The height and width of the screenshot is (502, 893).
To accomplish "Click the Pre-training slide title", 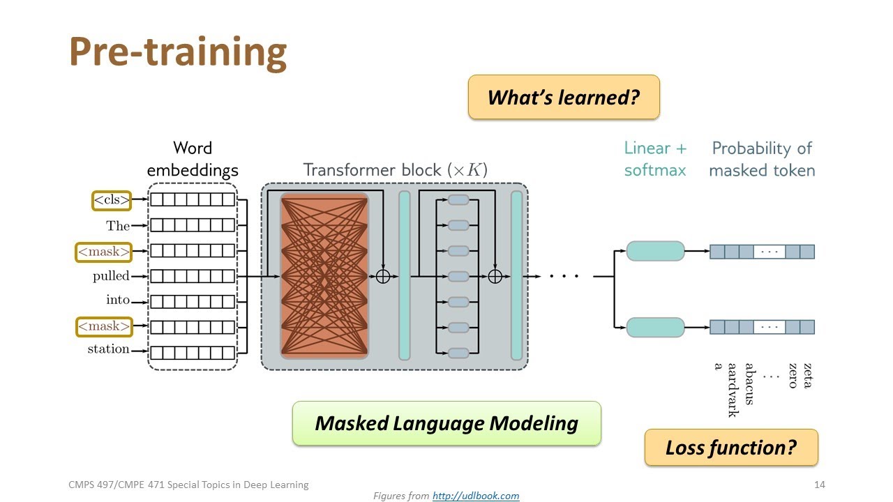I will pyautogui.click(x=178, y=52).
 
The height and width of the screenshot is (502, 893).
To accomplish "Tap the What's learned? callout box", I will pyautogui.click(x=563, y=97).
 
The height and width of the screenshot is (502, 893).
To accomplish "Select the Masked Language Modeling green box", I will pyautogui.click(x=446, y=423).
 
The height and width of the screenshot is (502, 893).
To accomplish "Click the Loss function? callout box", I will pyautogui.click(x=730, y=447).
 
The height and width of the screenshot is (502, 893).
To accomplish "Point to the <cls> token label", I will pyautogui.click(x=112, y=200).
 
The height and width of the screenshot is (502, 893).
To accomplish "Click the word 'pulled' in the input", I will pyautogui.click(x=112, y=276).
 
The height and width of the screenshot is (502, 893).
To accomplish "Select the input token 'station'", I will pyautogui.click(x=108, y=349).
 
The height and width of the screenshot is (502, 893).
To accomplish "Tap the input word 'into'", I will pyautogui.click(x=118, y=300).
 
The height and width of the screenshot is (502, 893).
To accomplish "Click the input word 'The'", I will pyautogui.click(x=118, y=225).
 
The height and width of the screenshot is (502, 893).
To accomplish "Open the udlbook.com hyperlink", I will pyautogui.click(x=476, y=496).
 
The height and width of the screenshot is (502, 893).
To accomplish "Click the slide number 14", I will pyautogui.click(x=820, y=485).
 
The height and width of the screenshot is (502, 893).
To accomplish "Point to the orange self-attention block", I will pyautogui.click(x=324, y=276).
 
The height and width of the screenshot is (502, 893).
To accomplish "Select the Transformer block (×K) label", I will pyautogui.click(x=395, y=169).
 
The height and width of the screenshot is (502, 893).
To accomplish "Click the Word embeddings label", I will pyautogui.click(x=193, y=159).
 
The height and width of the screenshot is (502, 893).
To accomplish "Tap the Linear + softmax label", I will pyautogui.click(x=655, y=159).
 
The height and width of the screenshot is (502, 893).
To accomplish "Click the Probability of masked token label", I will pyautogui.click(x=762, y=159).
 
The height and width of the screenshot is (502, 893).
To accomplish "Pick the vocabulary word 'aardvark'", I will pyautogui.click(x=733, y=390).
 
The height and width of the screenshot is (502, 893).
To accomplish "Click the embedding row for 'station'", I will pyautogui.click(x=193, y=353).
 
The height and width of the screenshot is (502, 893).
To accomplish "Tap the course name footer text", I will pyautogui.click(x=188, y=485).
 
